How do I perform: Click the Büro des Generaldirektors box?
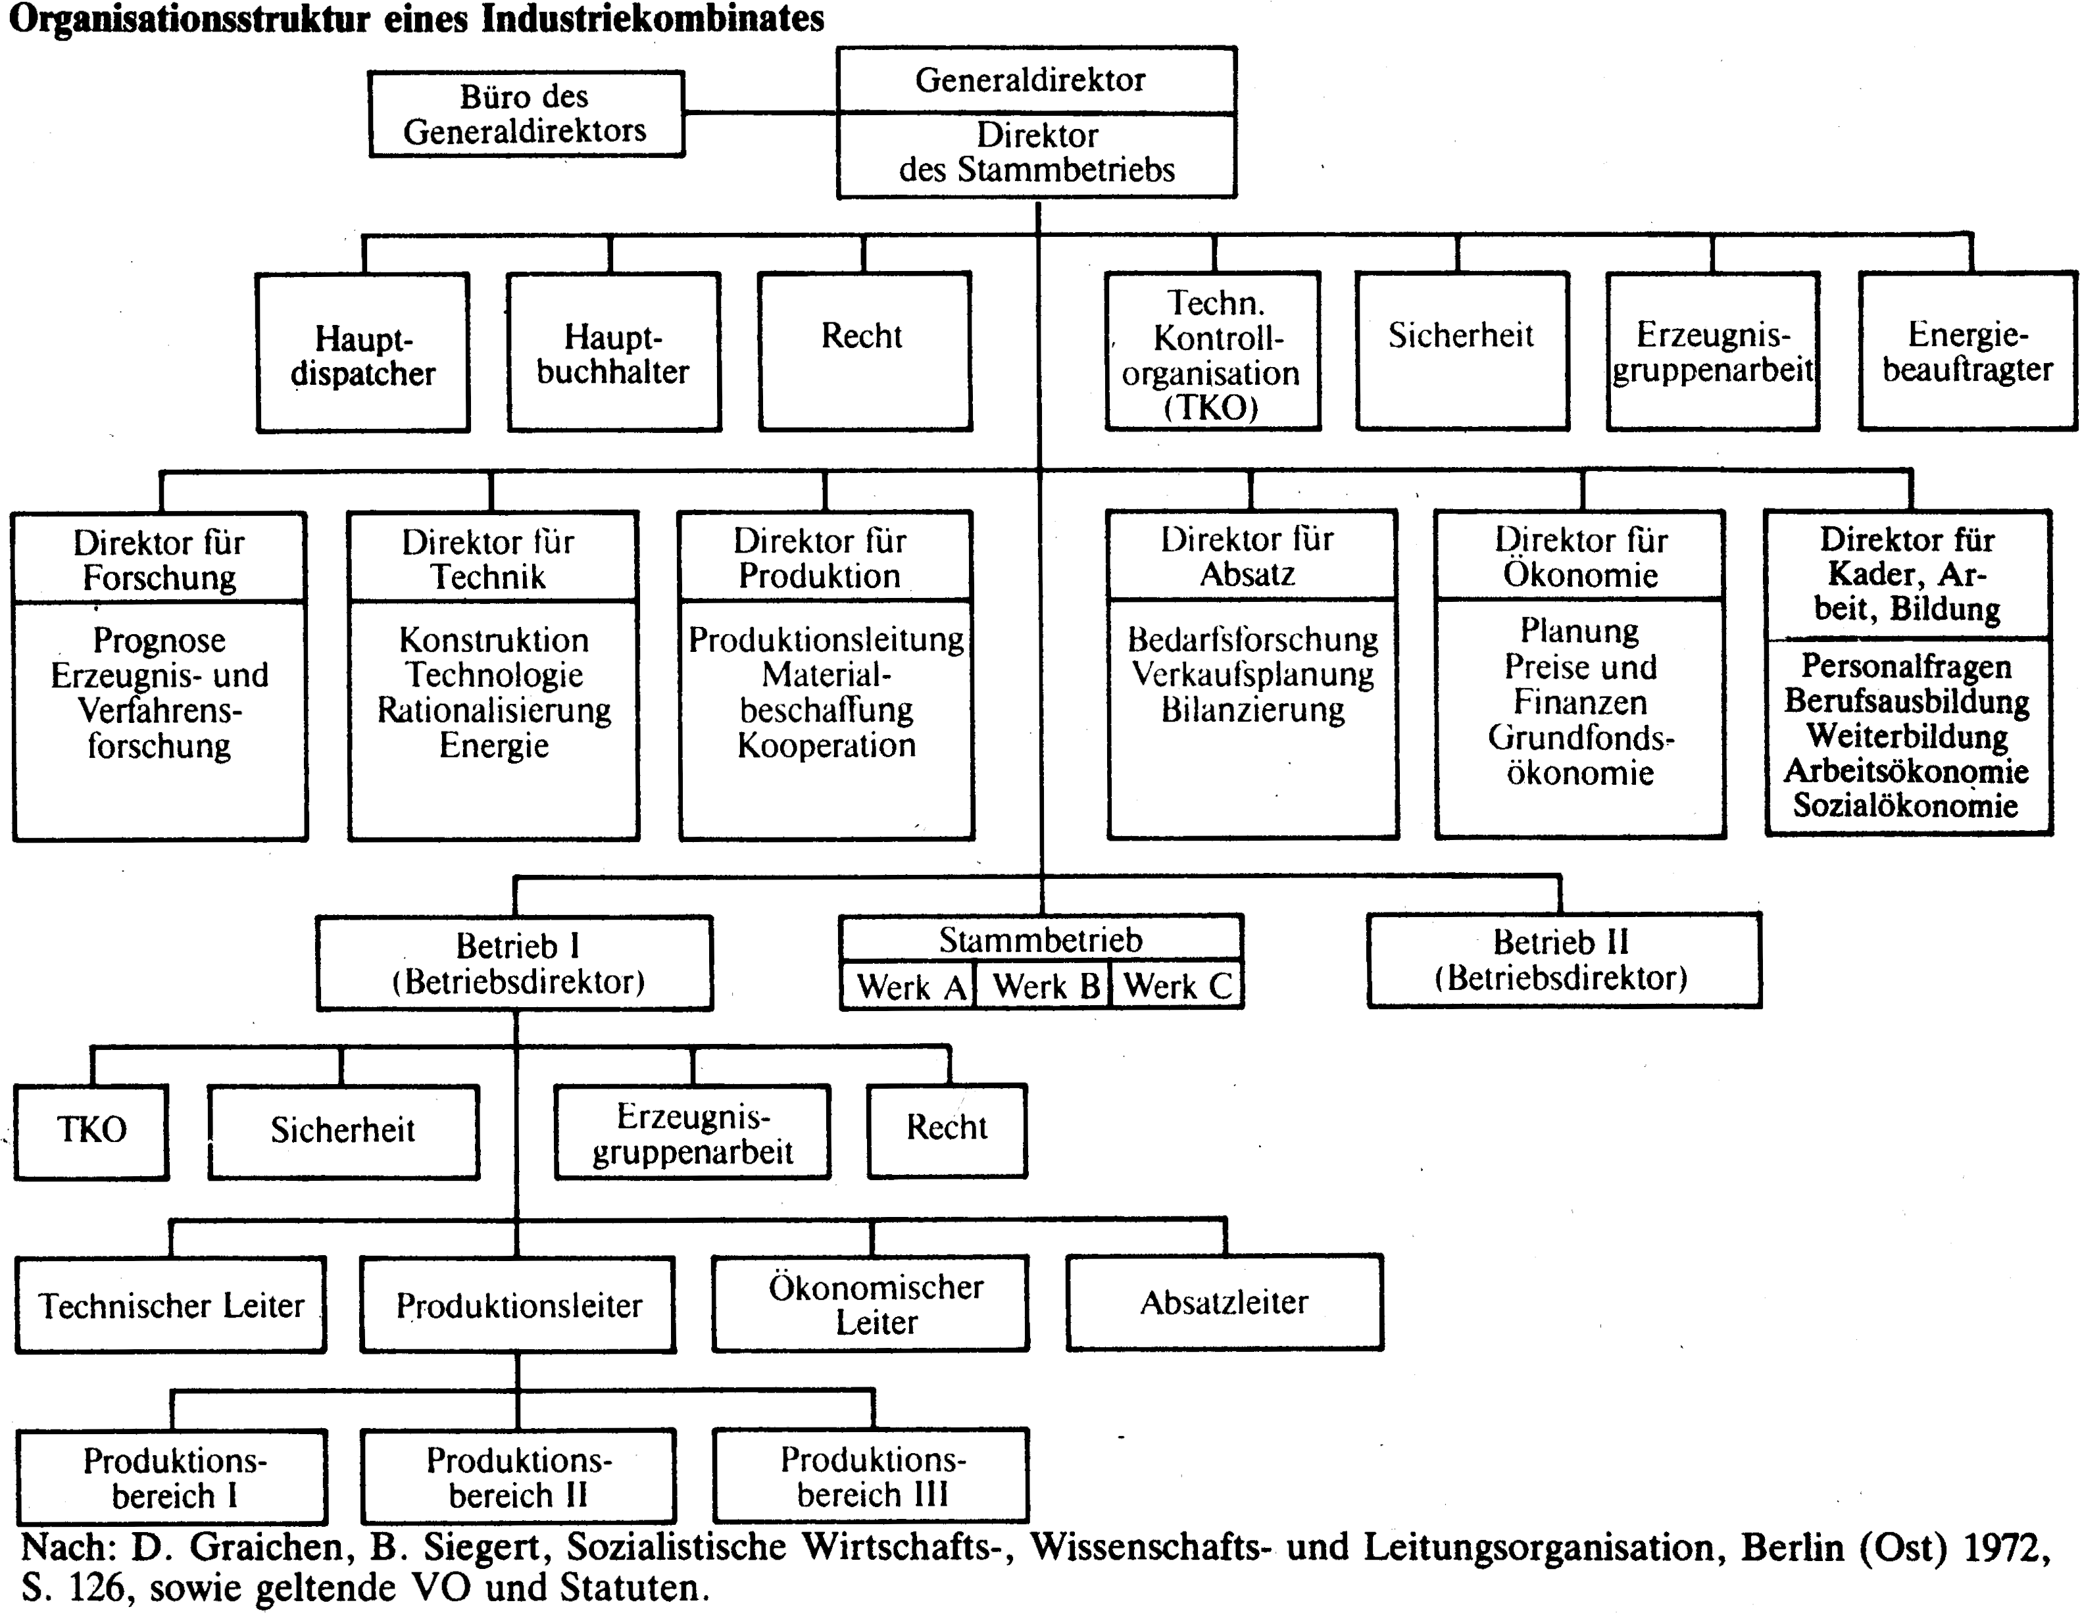point(527,113)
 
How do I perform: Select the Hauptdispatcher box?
point(363,353)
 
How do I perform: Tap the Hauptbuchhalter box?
point(613,353)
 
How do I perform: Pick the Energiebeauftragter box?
point(1968,351)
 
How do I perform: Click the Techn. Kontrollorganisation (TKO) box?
point(1212,351)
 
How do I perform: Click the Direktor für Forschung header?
point(159,559)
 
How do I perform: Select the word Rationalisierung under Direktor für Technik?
point(493,710)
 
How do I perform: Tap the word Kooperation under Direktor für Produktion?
point(827,745)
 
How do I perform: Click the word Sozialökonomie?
point(1906,806)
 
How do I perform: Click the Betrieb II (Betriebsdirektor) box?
point(1564,960)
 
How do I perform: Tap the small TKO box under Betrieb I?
point(91,1131)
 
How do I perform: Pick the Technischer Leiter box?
point(172,1304)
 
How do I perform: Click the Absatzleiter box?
point(1225,1302)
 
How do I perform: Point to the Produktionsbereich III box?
point(872,1476)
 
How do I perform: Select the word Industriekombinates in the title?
point(653,18)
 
